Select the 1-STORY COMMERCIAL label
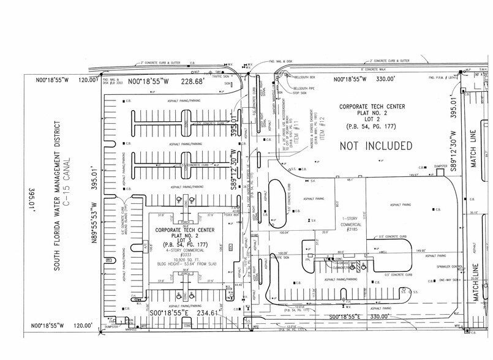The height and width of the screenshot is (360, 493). pos(353,222)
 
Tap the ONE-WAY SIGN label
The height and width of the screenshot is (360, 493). pos(434,280)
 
